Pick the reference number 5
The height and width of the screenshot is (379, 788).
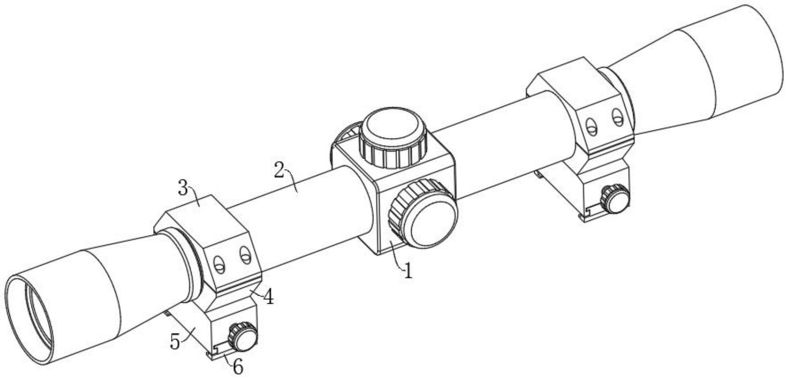(175, 342)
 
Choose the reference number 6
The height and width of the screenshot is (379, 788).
(238, 367)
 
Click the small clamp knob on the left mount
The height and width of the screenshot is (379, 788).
(242, 336)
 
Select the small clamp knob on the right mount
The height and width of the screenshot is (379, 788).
(615, 198)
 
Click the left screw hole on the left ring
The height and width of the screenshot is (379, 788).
(218, 264)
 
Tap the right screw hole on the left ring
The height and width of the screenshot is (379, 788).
(245, 254)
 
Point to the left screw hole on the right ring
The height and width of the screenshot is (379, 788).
(591, 125)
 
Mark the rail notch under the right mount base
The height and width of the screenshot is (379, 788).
(589, 212)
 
